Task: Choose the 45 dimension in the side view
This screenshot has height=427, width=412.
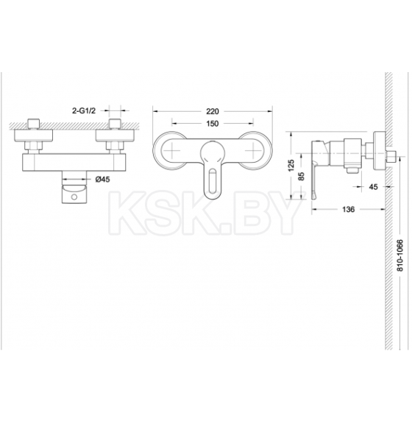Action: point(373,187)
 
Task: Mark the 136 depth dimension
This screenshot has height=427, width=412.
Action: point(348,211)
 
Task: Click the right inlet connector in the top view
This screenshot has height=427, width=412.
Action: point(116,128)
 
